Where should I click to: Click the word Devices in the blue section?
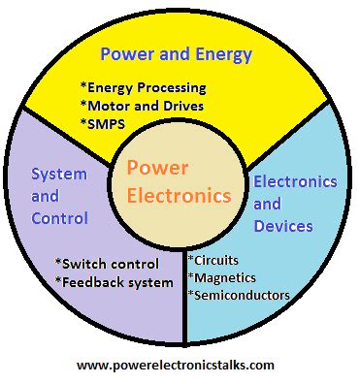pyautogui.click(x=283, y=226)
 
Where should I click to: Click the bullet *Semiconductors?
pyautogui.click(x=239, y=295)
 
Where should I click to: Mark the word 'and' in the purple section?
pyautogui.click(x=45, y=196)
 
